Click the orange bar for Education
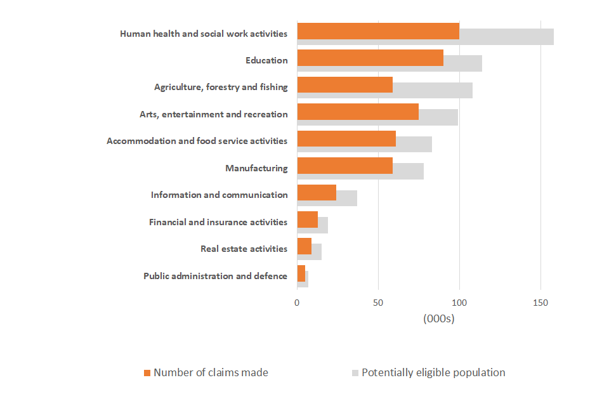click(x=370, y=58)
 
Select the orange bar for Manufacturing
click(x=344, y=166)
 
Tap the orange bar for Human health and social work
click(x=378, y=30)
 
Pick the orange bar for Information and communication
click(x=317, y=192)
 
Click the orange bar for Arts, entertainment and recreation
click(x=358, y=112)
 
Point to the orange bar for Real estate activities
click(x=304, y=246)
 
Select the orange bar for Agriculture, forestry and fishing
click(x=344, y=85)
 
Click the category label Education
click(x=266, y=61)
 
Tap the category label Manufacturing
click(x=256, y=168)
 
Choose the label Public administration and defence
click(x=215, y=276)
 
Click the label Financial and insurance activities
click(x=218, y=222)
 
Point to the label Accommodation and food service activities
click(x=197, y=141)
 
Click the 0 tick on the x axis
click(x=297, y=303)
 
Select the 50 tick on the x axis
click(x=378, y=303)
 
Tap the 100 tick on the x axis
click(x=459, y=303)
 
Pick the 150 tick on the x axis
click(x=540, y=303)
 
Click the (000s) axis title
click(x=439, y=318)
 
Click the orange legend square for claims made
click(x=147, y=373)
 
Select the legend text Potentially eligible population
click(x=433, y=372)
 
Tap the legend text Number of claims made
click(x=211, y=372)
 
